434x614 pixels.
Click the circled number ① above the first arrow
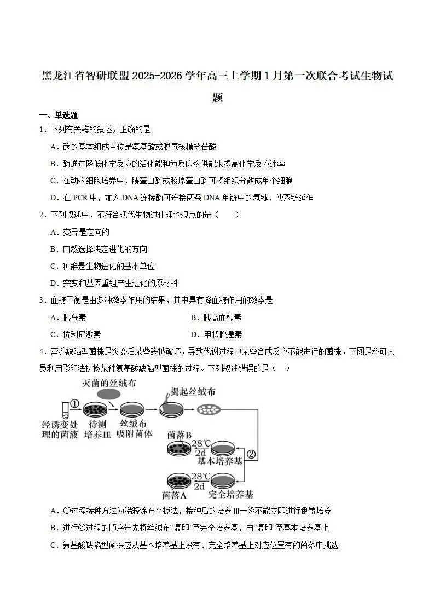tap(75, 404)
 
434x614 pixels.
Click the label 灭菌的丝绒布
tap(109, 383)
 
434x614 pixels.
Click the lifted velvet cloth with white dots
tap(207, 410)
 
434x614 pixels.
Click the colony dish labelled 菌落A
tap(180, 481)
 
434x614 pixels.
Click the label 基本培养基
tap(219, 461)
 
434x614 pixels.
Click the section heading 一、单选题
tap(59, 115)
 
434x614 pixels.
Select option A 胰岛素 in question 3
tap(68, 317)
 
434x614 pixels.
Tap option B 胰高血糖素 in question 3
tap(216, 317)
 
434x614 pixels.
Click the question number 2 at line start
tap(42, 215)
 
